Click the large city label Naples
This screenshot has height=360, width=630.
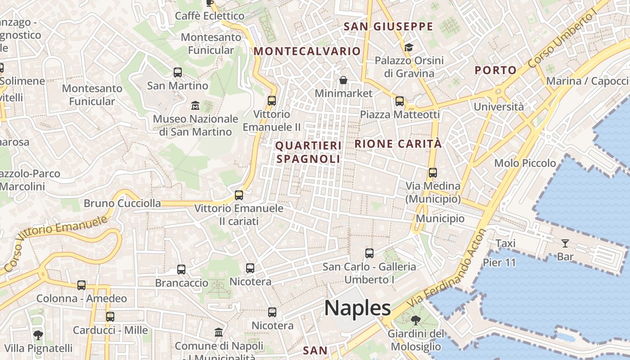[x=357, y=308]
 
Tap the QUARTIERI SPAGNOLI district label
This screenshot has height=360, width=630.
[x=308, y=152]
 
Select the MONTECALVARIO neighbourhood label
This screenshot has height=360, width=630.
[x=307, y=51]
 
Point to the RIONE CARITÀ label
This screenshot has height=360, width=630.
[x=398, y=144]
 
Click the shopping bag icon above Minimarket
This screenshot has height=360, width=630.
[x=343, y=80]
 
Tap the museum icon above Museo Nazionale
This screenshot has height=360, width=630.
[x=195, y=106]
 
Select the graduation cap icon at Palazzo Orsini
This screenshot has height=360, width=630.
[x=409, y=47]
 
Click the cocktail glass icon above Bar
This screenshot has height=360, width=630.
[x=565, y=243]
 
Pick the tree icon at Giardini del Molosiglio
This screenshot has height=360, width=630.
[x=415, y=320]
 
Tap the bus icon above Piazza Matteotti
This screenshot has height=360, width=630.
[x=400, y=101]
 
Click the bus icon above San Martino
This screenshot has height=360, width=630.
[x=178, y=72]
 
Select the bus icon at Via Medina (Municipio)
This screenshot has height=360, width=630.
[x=433, y=172]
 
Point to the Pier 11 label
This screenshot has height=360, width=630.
[x=499, y=262]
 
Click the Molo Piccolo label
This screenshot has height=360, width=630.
[x=525, y=163]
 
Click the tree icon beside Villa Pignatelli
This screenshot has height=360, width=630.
[x=38, y=335]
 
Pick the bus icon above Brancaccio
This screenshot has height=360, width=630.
[x=181, y=270]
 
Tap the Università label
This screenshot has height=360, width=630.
[x=499, y=107]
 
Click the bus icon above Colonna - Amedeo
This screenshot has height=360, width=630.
[x=81, y=285]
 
